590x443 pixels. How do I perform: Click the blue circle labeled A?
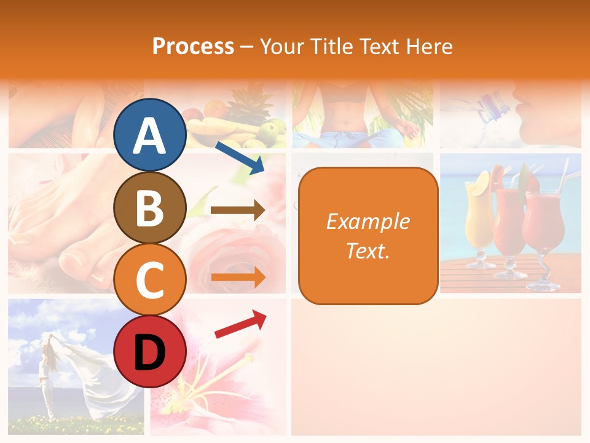click(149, 135)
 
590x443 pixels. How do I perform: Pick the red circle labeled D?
click(149, 351)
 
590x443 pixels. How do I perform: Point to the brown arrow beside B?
click(238, 210)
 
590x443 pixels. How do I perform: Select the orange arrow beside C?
click(238, 277)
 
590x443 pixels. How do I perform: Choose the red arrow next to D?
click(240, 324)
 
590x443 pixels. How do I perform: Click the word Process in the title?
click(193, 46)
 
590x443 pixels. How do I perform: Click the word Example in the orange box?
click(368, 221)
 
